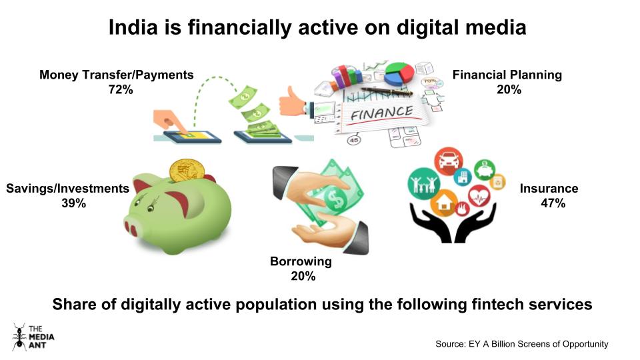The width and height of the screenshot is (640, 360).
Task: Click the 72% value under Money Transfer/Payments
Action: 121,89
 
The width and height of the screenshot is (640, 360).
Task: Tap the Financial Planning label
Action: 507,75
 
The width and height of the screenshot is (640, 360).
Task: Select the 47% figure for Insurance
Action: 553,203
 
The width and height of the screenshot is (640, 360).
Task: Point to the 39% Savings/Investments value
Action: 74,203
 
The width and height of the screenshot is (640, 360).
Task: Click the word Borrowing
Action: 301,261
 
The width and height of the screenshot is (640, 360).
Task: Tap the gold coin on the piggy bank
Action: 187,170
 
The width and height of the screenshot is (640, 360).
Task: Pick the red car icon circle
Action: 448,161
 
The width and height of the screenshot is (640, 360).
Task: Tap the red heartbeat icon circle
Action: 479,196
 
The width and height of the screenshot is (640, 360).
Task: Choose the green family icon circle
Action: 424,183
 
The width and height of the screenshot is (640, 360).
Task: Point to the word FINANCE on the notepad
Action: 381,113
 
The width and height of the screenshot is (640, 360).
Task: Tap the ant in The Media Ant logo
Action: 19,337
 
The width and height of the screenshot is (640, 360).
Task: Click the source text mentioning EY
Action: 521,344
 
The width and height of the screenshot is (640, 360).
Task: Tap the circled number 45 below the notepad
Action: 353,140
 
